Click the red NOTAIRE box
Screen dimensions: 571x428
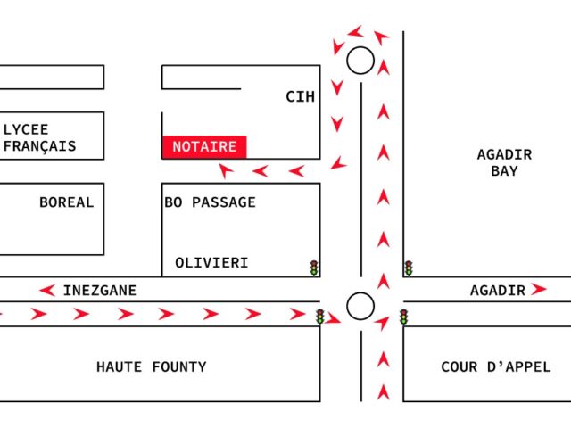(204, 147)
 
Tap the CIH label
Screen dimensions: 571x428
(300, 97)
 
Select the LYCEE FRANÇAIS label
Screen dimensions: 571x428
(39, 137)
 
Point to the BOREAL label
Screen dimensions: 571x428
(67, 202)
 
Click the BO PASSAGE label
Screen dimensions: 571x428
(211, 202)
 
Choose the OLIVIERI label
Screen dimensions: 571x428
(211, 263)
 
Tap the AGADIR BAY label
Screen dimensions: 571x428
(504, 162)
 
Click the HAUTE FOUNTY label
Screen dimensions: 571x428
(152, 366)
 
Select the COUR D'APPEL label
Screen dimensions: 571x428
(496, 366)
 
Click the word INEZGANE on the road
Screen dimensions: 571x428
(100, 291)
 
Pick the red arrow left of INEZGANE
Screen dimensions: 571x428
(47, 291)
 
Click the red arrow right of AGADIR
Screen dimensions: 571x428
(539, 289)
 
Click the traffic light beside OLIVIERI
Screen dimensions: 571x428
(314, 267)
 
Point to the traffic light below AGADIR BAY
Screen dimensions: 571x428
(409, 268)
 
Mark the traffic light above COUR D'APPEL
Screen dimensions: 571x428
(403, 317)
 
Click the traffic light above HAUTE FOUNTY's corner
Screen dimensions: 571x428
(319, 317)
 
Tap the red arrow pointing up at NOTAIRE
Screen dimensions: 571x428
(226, 170)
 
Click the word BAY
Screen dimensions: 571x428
(504, 170)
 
